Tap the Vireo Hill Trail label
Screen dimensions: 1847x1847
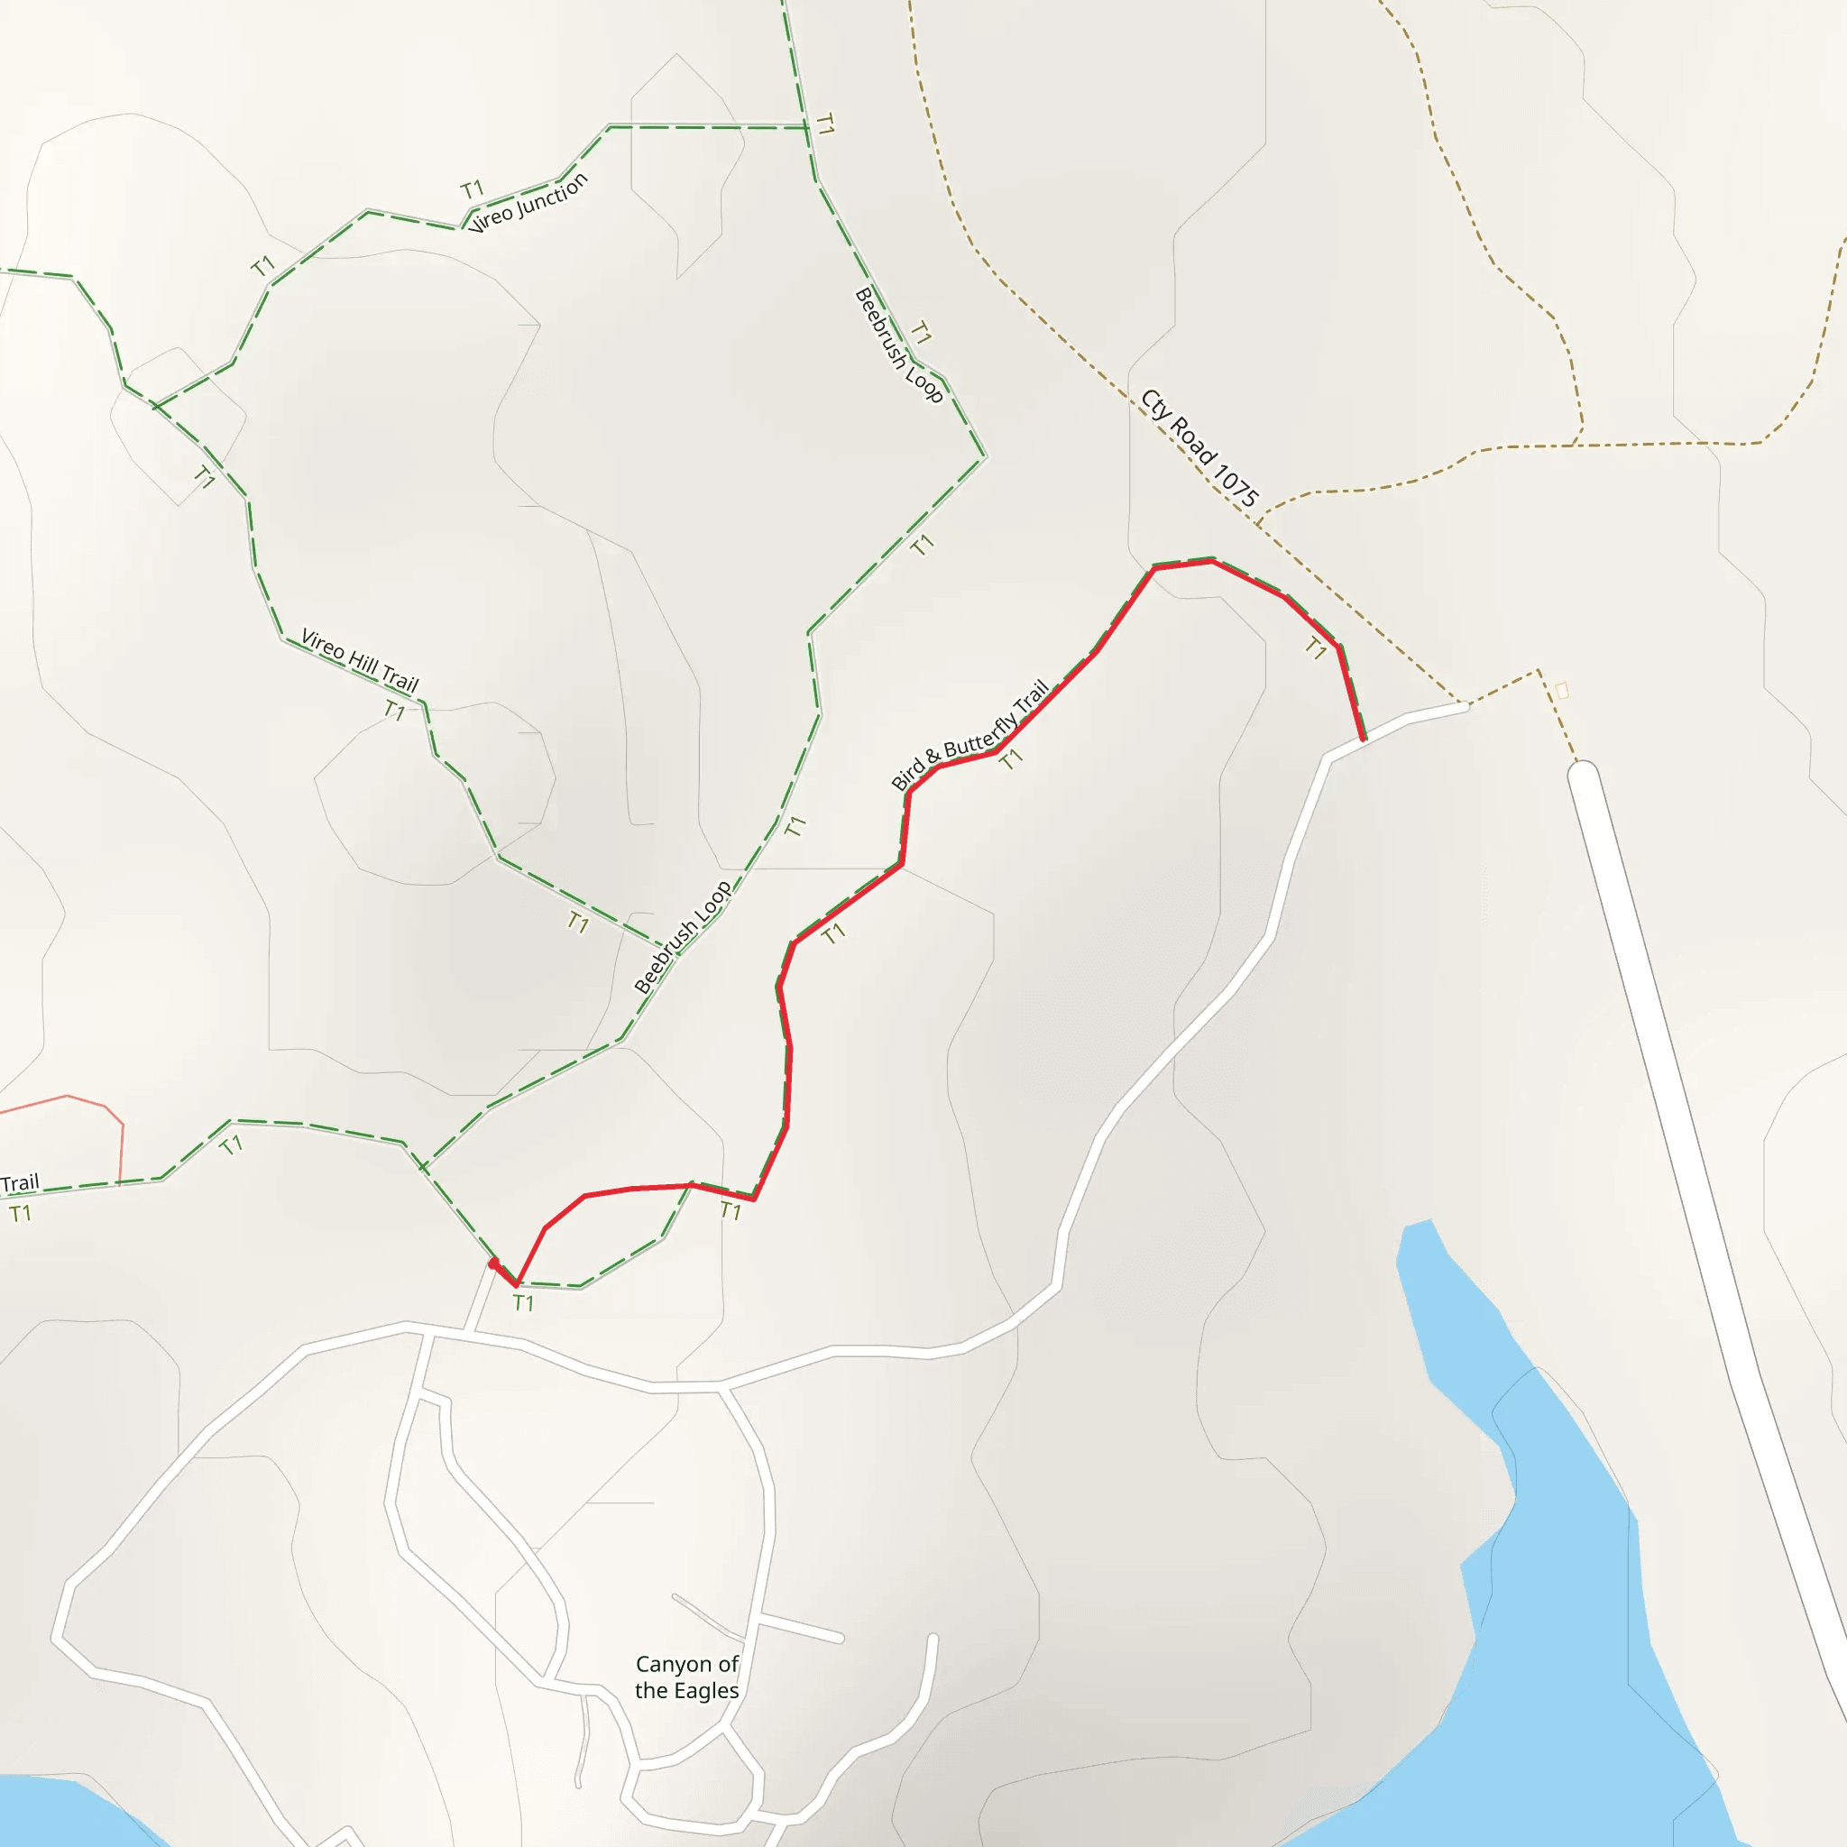360,659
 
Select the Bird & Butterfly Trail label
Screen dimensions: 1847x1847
970,735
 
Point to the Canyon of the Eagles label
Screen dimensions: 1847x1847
686,1677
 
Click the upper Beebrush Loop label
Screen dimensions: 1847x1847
897,345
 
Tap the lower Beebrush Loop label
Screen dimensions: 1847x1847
683,937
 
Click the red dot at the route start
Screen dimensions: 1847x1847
493,1263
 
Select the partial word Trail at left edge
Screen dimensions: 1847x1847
20,1183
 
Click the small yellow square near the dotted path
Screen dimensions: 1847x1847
1562,690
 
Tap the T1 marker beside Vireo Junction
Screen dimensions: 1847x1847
473,189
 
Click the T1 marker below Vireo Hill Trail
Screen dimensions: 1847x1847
394,710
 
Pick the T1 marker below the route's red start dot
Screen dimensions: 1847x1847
523,1302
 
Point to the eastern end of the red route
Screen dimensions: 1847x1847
1364,738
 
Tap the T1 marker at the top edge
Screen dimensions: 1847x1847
824,124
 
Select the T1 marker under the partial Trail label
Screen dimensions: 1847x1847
20,1214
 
